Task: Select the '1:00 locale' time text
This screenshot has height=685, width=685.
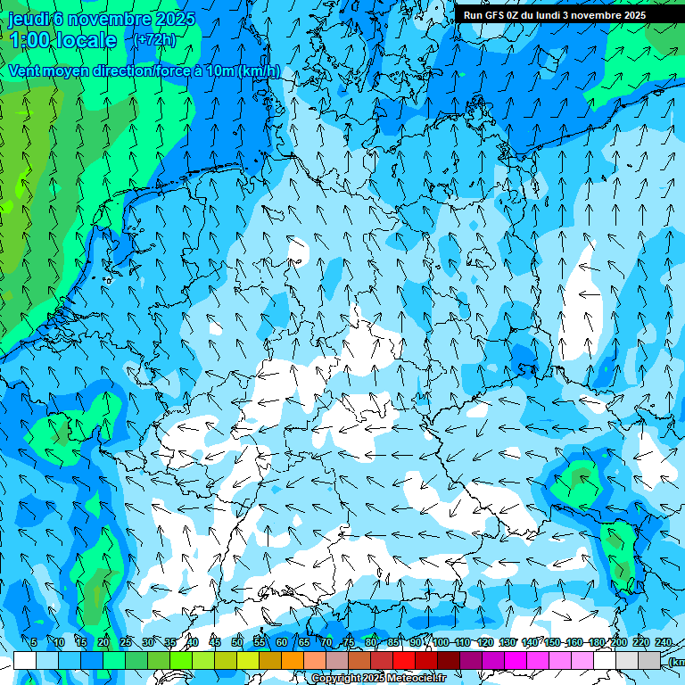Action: point(63,40)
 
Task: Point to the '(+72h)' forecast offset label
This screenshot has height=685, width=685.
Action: point(156,40)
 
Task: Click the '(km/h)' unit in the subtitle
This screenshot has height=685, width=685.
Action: point(260,71)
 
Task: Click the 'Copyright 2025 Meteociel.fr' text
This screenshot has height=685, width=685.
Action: point(379,679)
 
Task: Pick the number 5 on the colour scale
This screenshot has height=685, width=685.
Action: point(34,643)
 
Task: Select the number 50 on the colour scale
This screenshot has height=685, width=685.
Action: point(237,643)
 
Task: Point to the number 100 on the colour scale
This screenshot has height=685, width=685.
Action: point(441,643)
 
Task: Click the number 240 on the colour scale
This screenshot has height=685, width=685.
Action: point(664,643)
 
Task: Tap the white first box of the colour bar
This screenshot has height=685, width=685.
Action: point(25,660)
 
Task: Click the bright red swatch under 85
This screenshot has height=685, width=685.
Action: point(404,660)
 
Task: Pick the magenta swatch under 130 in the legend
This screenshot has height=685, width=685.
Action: point(516,660)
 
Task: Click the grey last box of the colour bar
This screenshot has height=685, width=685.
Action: point(649,660)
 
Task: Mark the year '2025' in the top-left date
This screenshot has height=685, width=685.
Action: point(175,19)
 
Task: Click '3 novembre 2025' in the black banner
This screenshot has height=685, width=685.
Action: point(605,15)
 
